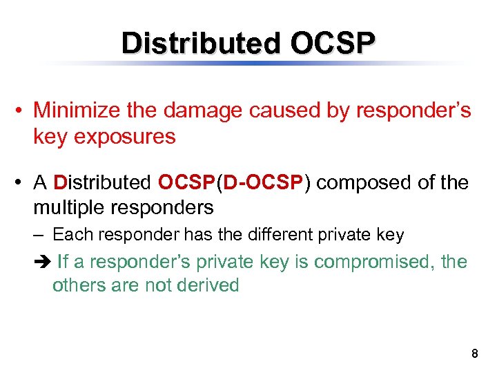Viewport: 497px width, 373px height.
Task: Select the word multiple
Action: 71,207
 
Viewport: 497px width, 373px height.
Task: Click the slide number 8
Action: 474,354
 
